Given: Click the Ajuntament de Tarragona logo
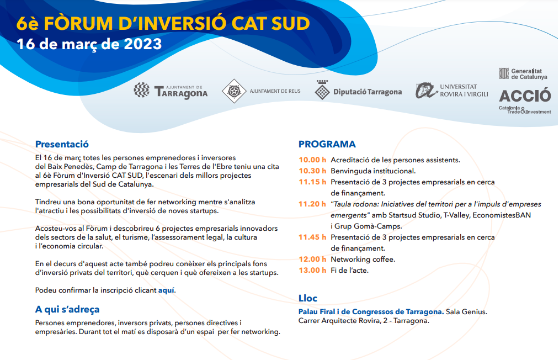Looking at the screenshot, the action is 171,91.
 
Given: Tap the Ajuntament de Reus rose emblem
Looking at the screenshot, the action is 234,91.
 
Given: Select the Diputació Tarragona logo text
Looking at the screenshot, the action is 367,92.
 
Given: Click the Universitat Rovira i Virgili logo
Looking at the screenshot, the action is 452,90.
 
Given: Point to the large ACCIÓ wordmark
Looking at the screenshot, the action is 525,96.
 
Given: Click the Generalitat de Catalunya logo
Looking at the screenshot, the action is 523,74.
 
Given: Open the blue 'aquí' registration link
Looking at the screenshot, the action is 166,290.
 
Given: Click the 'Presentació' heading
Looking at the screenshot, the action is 62,144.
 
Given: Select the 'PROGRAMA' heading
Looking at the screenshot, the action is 327,144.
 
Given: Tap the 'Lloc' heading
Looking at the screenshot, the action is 308,298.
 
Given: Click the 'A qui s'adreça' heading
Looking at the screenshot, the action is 67,309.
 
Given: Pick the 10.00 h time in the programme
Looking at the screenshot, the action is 312,160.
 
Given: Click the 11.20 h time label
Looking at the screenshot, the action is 312,204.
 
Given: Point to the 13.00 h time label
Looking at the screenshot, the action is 312,270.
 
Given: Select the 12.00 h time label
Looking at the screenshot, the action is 312,259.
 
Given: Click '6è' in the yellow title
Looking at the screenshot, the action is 28,24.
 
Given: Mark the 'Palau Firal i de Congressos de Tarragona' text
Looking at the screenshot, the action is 371,312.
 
